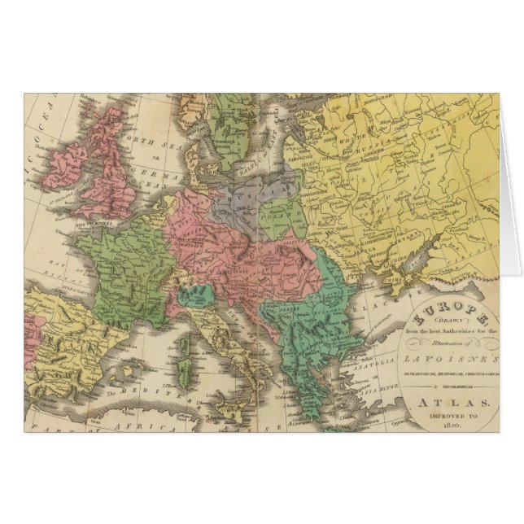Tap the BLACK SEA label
coord(386,306)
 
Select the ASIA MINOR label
coord(382,391)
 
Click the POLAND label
coord(281,218)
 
